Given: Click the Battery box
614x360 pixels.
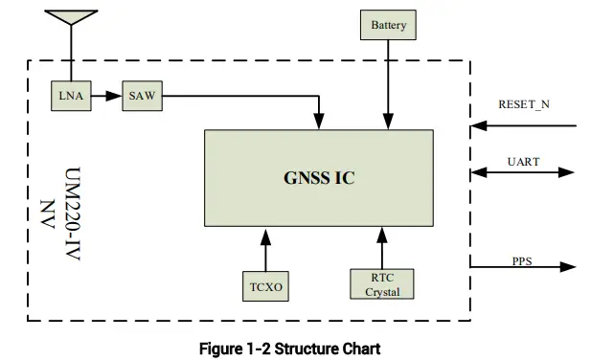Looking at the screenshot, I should pos(388,25).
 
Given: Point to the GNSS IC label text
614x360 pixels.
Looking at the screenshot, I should pos(320,178).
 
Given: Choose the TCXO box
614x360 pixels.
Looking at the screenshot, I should pos(264,285).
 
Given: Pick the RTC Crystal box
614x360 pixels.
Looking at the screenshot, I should pos(381,284).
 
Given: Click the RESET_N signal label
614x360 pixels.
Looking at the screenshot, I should pos(524,103).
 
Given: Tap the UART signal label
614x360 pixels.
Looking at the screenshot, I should pos(523,162).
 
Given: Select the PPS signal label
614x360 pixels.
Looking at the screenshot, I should pos(522,260).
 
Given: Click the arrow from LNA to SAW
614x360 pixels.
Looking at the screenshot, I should pos(107,97).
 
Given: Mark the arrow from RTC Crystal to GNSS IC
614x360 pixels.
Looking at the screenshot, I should pos(381,247).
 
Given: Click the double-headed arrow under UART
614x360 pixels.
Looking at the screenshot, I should pos(523,173).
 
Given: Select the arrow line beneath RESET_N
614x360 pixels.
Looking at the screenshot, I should pos(524,124).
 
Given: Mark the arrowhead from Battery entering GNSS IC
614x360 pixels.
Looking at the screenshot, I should pos(388,124).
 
